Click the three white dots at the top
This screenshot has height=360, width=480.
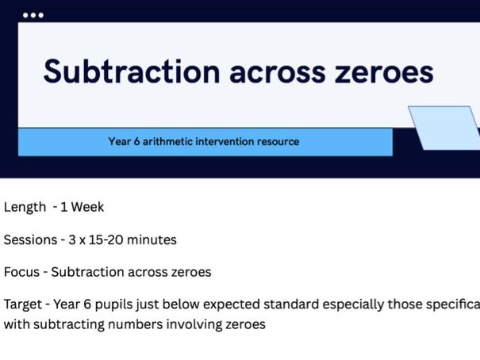coord(33,15)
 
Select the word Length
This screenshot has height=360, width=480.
coord(25,208)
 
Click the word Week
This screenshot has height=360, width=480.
coord(87,208)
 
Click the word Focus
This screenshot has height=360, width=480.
coord(21,273)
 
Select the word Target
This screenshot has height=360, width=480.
coord(22,305)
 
